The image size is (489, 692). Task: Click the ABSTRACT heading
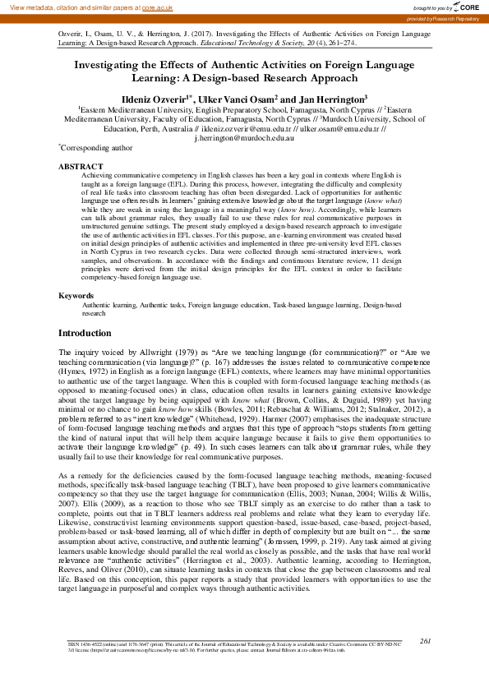(x=79, y=166)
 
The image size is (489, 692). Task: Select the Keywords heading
(x=76, y=295)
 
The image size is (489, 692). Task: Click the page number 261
(x=425, y=663)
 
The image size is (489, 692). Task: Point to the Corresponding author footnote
(x=96, y=149)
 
